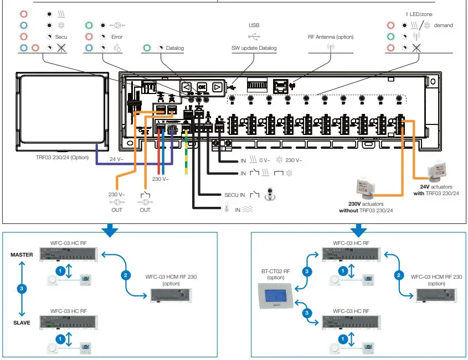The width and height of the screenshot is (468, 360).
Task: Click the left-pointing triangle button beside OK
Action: pos(187,87)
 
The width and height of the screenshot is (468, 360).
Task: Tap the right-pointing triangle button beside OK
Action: pos(217,87)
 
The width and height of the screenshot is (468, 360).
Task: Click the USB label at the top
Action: pos(254,25)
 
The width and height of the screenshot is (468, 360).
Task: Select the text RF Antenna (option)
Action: pos(331,37)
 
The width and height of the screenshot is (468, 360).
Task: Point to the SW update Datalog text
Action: pos(254,48)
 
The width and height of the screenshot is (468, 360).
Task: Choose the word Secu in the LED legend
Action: pos(61,37)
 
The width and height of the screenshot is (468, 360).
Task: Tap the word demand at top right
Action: pos(443,25)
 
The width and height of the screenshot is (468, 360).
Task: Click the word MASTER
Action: pos(22,255)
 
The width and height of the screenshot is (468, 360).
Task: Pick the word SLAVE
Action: pos(22,322)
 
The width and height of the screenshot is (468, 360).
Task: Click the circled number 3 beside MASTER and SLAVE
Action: pos(22,288)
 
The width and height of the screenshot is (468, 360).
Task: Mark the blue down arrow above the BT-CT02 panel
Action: pos(359,228)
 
